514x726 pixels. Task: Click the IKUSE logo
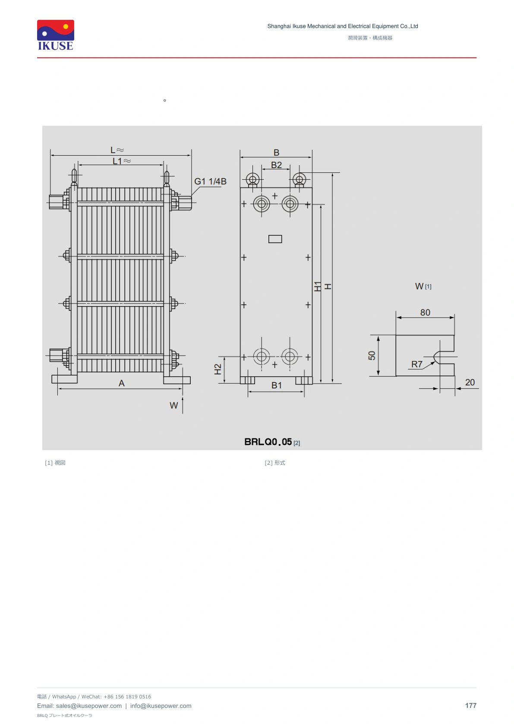56,35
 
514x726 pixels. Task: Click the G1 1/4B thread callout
210,181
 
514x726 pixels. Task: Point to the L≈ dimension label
117,150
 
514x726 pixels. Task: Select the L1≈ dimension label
122,161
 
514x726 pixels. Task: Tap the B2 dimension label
277,165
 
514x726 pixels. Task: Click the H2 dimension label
218,369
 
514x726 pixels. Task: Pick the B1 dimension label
277,385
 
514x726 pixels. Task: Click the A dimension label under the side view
122,383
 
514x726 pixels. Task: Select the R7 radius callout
417,364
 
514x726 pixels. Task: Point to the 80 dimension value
425,313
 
